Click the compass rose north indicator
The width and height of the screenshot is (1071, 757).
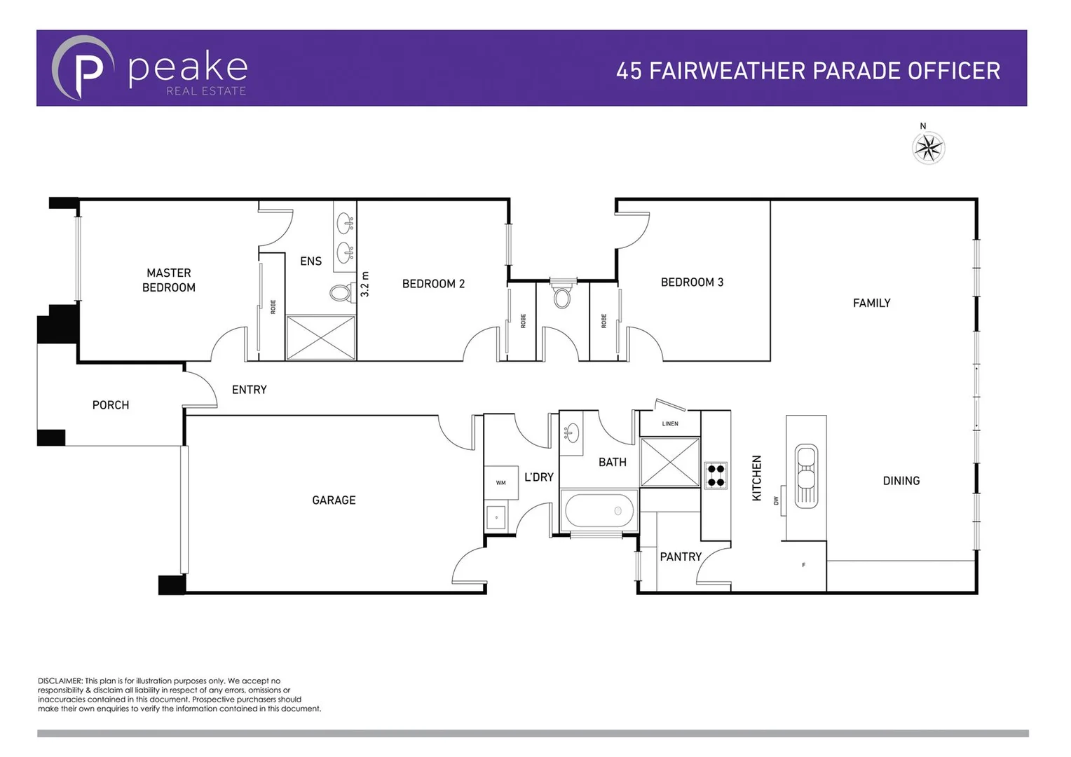click(x=929, y=146)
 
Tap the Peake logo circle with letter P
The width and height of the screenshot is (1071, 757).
click(x=83, y=69)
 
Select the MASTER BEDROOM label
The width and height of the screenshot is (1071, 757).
click(x=169, y=280)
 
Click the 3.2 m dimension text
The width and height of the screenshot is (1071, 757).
click(x=364, y=285)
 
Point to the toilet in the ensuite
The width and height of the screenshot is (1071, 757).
click(x=342, y=292)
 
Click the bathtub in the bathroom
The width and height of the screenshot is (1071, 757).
click(x=598, y=510)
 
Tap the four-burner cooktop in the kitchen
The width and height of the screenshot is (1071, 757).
click(x=716, y=475)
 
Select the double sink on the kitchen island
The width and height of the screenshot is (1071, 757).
click(x=806, y=476)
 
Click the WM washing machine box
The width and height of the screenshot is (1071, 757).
click(x=500, y=483)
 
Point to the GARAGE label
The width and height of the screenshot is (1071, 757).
click(x=334, y=500)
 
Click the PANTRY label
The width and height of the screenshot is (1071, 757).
click(x=680, y=557)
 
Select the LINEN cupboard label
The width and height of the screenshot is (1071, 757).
click(x=670, y=424)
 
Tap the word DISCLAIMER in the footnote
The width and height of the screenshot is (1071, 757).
click(x=60, y=681)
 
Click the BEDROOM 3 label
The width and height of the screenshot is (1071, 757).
click(x=692, y=282)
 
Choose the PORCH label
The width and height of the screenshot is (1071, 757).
click(x=111, y=405)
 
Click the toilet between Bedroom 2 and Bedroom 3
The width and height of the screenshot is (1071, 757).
click(x=562, y=295)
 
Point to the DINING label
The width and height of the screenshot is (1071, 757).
click(x=901, y=481)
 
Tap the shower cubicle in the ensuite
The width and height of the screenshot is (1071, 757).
click(x=321, y=338)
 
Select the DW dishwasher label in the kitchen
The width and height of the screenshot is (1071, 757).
click(x=776, y=500)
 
